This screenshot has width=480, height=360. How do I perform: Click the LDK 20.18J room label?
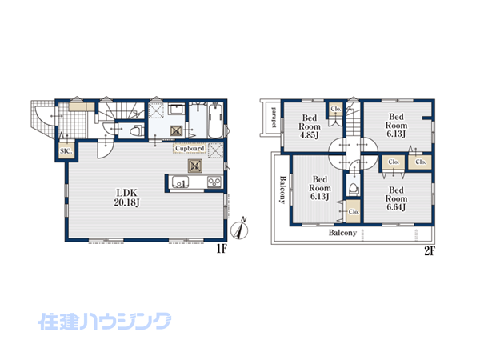coord(126,198)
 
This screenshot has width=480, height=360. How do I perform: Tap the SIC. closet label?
coord(66,151)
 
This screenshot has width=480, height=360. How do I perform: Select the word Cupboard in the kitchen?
coord(190,149)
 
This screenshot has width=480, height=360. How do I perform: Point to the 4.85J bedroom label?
coord(310,126)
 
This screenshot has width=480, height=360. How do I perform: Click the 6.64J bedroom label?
coord(396,198)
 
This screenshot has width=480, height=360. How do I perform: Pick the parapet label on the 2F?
coord(274,118)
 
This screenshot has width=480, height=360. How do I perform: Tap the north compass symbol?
coord(240,228)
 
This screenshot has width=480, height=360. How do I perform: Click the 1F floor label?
coord(222,249)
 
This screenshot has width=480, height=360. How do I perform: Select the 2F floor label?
coord(429,251)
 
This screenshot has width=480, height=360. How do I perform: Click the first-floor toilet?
coord(137,130)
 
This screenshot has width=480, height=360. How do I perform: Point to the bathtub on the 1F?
coord(216,121)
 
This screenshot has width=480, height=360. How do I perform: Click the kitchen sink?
coord(180,182)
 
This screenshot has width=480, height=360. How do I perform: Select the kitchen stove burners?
coord(214,182)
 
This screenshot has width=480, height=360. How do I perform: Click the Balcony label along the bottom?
coord(342,233)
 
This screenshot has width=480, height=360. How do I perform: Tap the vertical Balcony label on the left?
coord(283,190)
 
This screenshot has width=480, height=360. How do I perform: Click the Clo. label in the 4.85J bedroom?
coord(336,109)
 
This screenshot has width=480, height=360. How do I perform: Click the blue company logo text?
coord(104,321)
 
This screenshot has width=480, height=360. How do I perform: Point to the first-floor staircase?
coord(122,110)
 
